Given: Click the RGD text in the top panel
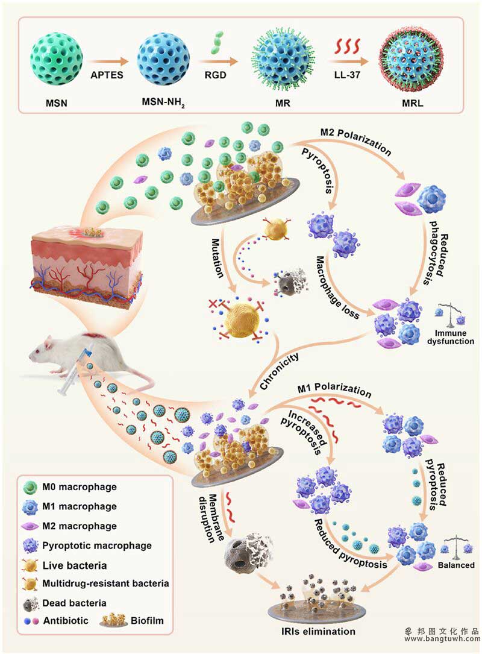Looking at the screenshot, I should click(215, 76).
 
